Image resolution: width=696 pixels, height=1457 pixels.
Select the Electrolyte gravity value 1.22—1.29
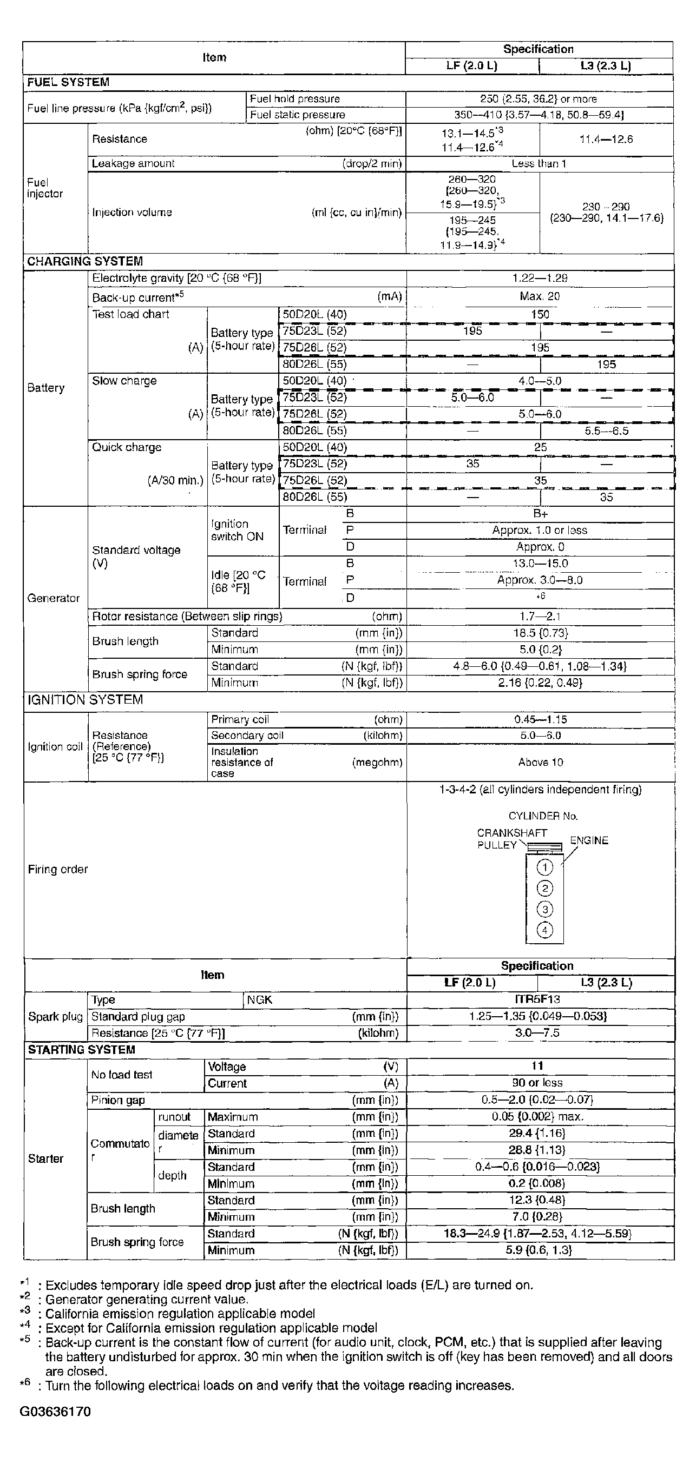click(540, 279)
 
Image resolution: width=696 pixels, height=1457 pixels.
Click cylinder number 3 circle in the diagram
click(544, 910)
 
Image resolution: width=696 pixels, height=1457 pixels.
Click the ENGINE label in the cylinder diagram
click(588, 840)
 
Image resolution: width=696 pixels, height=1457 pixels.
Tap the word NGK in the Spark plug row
click(260, 1000)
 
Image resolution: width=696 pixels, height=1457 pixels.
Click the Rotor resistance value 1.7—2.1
click(540, 617)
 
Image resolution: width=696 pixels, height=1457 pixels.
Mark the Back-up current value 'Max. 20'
click(540, 296)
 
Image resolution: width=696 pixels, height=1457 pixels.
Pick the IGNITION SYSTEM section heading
click(86, 700)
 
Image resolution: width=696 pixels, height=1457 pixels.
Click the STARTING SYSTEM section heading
click(82, 1050)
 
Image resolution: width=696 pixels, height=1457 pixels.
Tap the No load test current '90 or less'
click(537, 1083)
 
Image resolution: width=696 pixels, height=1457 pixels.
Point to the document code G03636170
click(55, 1412)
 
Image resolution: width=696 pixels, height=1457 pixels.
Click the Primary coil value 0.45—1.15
click(540, 719)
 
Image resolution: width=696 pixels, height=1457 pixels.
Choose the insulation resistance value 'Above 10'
click(540, 763)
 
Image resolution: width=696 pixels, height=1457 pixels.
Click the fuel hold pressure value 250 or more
click(538, 99)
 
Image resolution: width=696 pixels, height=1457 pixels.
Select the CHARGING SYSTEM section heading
click(85, 261)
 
